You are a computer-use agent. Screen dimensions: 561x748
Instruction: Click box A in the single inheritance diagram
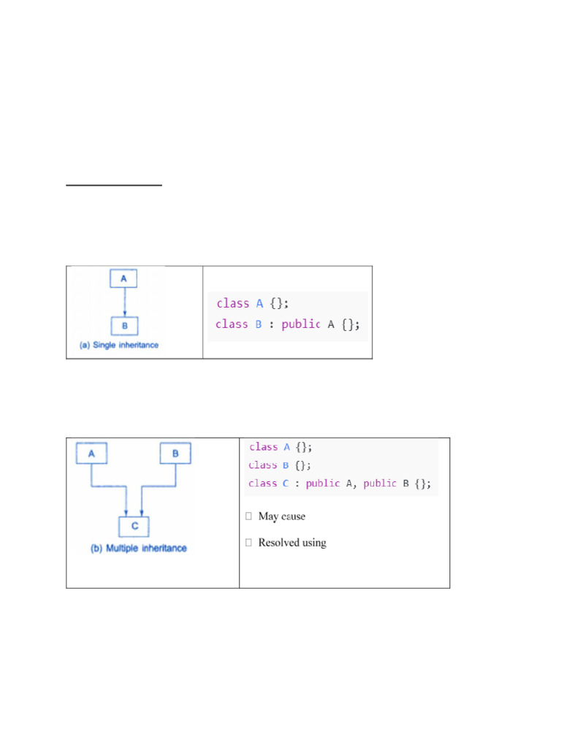click(x=124, y=278)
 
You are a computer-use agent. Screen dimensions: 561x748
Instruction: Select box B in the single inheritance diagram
click(x=124, y=325)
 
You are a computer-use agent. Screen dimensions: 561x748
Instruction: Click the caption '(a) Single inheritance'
click(x=118, y=345)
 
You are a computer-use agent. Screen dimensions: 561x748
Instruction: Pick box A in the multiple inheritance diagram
click(x=91, y=454)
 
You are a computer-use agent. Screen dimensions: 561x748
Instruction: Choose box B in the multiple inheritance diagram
click(x=175, y=454)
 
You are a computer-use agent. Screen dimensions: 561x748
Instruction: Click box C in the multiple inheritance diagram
click(x=134, y=525)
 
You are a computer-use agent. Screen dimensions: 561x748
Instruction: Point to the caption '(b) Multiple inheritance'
click(x=138, y=548)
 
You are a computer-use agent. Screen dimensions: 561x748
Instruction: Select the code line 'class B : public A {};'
click(x=288, y=324)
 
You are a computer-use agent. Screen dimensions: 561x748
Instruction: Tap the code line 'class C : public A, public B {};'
click(x=340, y=483)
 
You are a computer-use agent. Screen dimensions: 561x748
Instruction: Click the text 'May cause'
click(x=281, y=516)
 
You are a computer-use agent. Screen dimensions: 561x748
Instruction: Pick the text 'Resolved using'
click(x=292, y=543)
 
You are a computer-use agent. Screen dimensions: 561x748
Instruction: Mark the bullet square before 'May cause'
click(x=249, y=516)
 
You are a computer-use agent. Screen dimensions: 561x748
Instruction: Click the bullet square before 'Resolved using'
click(x=249, y=543)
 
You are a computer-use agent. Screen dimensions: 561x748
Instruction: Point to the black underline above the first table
click(x=114, y=186)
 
